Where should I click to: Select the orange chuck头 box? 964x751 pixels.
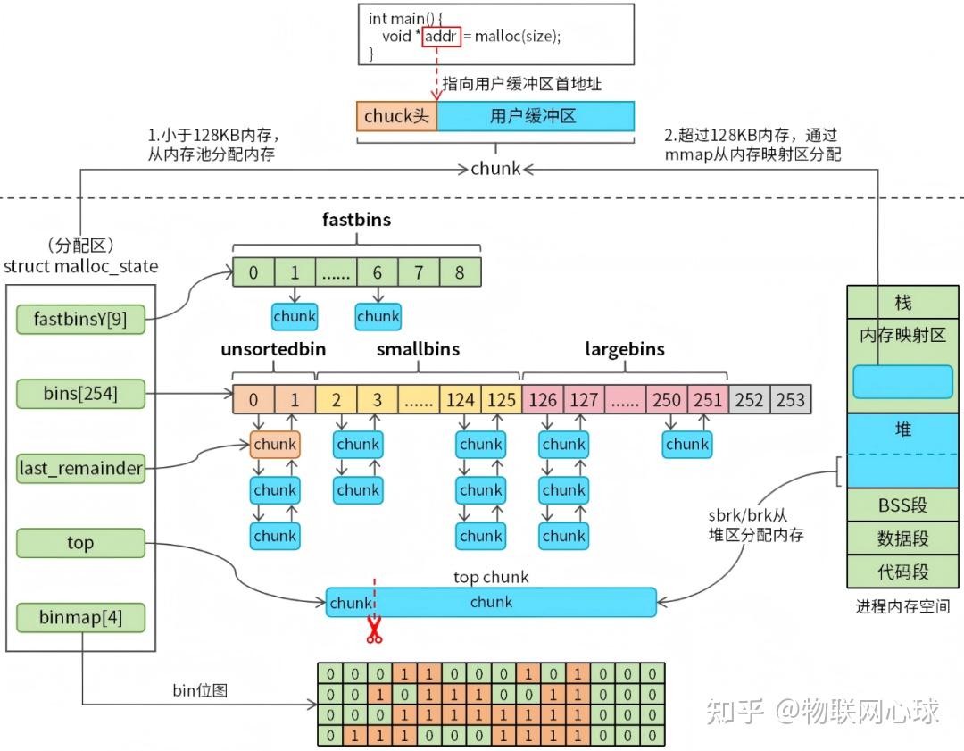pyautogui.click(x=397, y=116)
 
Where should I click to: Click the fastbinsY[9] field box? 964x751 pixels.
pyautogui.click(x=80, y=319)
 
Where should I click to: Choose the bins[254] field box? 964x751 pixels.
pyautogui.click(x=80, y=392)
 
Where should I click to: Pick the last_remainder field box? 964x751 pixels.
pyautogui.click(x=80, y=468)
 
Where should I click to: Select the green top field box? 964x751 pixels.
pyautogui.click(x=80, y=543)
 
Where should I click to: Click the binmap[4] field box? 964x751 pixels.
pyautogui.click(x=80, y=617)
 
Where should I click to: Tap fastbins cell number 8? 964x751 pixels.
pyautogui.click(x=460, y=272)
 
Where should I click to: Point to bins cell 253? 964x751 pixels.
pyautogui.click(x=791, y=399)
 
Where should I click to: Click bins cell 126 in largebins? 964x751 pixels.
pyautogui.click(x=543, y=399)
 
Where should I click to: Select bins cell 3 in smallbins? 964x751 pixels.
pyautogui.click(x=377, y=399)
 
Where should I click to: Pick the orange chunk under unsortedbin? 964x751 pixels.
pyautogui.click(x=275, y=444)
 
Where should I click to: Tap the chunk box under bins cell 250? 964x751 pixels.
pyautogui.click(x=687, y=444)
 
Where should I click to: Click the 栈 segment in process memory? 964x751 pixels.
pyautogui.click(x=902, y=304)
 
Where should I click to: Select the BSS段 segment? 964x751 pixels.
pyautogui.click(x=902, y=505)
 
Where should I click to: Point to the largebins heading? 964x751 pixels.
pyautogui.click(x=625, y=349)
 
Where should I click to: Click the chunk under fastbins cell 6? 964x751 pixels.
pyautogui.click(x=378, y=316)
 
